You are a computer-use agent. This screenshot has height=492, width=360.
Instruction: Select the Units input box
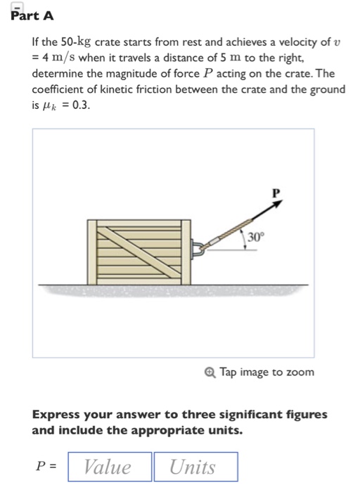pos(195,467)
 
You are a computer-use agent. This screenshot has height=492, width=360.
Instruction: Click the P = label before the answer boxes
pos(46,467)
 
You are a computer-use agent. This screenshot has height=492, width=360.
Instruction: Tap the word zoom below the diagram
pos(300,371)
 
